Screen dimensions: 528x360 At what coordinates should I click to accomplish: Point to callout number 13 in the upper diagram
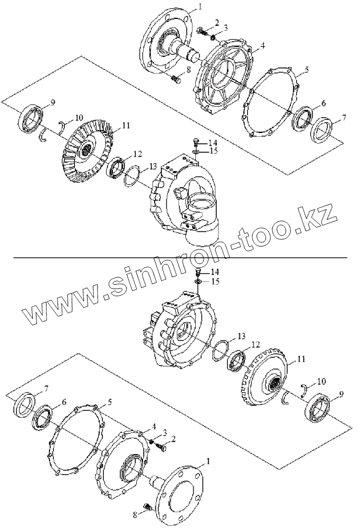[153, 166]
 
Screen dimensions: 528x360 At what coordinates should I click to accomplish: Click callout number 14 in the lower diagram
[214, 271]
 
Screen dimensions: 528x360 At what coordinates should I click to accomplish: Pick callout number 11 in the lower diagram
[302, 359]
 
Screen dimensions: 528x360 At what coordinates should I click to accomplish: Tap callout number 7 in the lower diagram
[45, 389]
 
